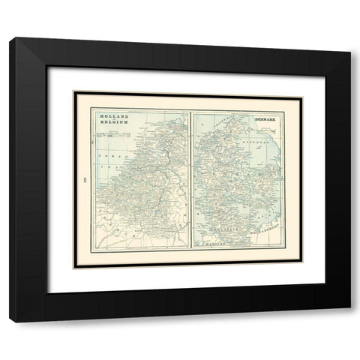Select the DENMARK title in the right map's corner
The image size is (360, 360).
coord(265,119)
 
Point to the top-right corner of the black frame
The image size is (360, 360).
coord(349,39)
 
